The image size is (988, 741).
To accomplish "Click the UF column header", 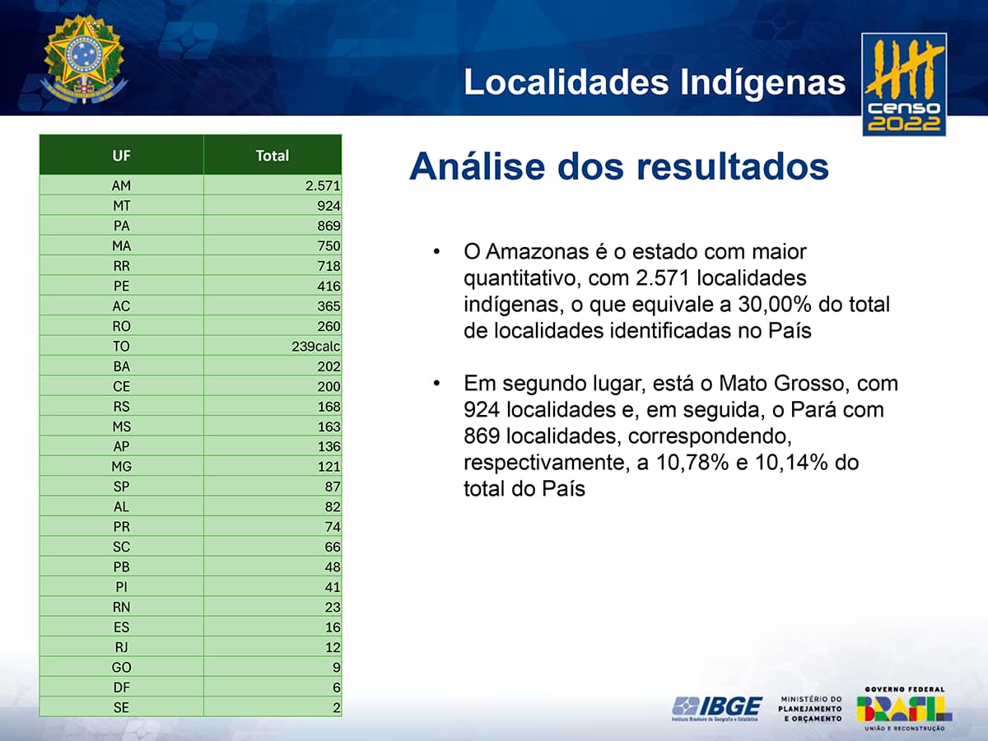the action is (122, 156).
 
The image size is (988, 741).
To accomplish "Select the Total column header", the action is (273, 156).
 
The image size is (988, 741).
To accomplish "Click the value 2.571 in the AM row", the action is (323, 185).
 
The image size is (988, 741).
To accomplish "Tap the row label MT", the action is (122, 206).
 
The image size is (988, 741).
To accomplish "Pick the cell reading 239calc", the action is (315, 347).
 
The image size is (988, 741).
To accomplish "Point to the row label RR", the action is (122, 266).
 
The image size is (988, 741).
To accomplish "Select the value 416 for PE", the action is (329, 287).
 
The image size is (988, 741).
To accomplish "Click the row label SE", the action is (121, 708).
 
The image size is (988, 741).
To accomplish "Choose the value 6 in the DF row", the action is (336, 687).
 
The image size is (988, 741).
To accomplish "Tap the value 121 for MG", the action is (329, 467).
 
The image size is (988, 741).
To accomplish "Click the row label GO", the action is (122, 667).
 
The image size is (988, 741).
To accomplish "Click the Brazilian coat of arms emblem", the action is (84, 59).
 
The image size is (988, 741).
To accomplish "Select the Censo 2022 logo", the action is (904, 85).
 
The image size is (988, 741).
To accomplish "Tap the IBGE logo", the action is (717, 709).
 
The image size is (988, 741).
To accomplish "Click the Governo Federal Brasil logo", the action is (904, 709).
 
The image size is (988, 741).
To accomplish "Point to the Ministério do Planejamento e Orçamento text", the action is (810, 709).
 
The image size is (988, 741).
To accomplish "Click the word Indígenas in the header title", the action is (763, 82).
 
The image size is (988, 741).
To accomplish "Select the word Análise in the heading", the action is (478, 166).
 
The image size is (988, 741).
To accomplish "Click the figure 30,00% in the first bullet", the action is (774, 304).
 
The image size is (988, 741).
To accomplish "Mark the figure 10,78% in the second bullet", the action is (692, 463).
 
